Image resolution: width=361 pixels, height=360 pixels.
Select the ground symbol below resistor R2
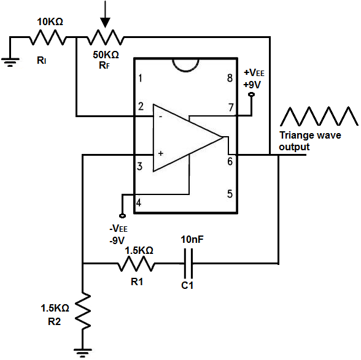(82, 351)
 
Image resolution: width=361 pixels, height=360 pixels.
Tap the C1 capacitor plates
(192, 264)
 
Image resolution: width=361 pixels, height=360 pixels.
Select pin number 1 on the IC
(141, 79)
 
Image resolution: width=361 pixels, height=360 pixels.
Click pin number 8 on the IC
(230, 79)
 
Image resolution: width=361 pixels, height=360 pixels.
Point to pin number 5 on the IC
(230, 194)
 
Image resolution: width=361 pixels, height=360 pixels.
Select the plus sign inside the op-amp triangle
(161, 153)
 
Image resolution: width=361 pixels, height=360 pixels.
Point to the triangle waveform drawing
(318, 116)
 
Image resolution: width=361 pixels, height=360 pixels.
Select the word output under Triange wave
(295, 147)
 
